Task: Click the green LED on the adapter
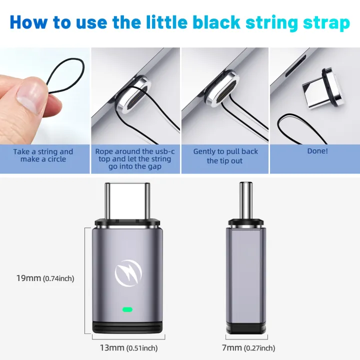coord(127,309)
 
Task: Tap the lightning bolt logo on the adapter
coord(128,273)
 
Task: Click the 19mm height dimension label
coord(45,278)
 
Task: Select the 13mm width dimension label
coord(128,348)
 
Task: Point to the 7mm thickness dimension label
coord(248,348)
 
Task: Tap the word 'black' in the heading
coord(216,22)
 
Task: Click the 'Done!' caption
coord(317,151)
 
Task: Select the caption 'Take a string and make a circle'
coord(43,155)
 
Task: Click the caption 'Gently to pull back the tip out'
coord(225,156)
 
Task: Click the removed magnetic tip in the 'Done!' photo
coord(323,88)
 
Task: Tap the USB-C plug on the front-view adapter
coord(127,200)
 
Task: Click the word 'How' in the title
coord(28,22)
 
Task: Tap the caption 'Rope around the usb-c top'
coord(135,155)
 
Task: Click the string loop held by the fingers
coord(65,76)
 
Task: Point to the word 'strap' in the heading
coord(326,23)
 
